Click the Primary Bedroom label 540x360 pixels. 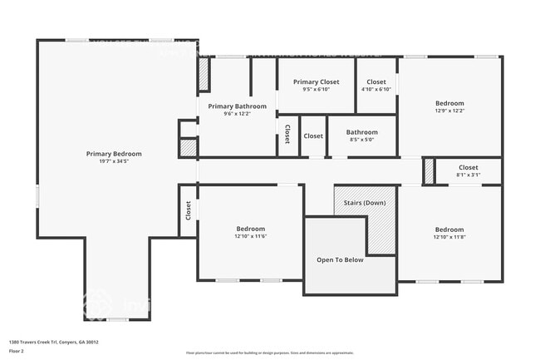coord(114,154)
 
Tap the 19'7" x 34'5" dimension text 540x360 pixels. coord(114,161)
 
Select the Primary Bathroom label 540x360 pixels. coord(238,106)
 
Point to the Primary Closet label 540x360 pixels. coord(317,82)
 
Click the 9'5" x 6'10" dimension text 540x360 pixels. coord(317,90)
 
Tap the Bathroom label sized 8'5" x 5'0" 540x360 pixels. coord(362,132)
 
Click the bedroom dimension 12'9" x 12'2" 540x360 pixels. coord(449,111)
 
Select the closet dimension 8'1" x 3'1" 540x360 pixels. coord(468,175)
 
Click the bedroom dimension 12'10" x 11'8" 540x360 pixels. coord(449,237)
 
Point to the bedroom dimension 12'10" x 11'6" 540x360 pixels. coord(250,236)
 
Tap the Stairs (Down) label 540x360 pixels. coord(364,203)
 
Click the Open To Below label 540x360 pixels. coord(340,260)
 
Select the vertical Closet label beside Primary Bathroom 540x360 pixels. coord(287,134)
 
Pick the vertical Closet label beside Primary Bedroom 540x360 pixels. coord(189,210)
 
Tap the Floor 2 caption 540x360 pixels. coord(17,351)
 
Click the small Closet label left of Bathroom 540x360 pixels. coord(313,136)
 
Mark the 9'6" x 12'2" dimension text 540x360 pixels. coord(238,114)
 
